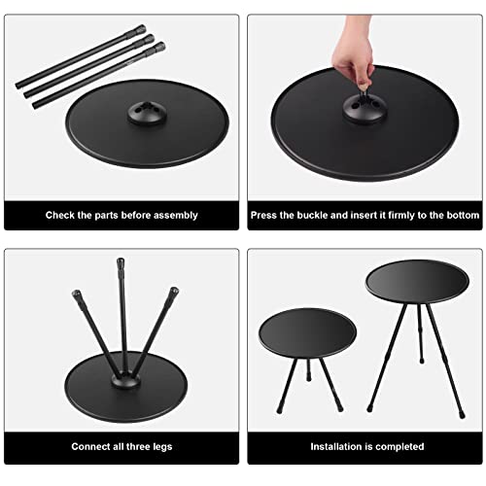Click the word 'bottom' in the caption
pyautogui.click(x=453, y=215)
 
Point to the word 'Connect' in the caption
pyautogui.click(x=89, y=447)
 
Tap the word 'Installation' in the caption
pyautogui.click(x=337, y=447)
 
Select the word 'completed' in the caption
pyautogui.click(x=399, y=447)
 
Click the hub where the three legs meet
pyautogui.click(x=121, y=371)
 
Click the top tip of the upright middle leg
pyautogui.click(x=121, y=263)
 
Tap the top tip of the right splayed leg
pyautogui.click(x=175, y=290)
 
